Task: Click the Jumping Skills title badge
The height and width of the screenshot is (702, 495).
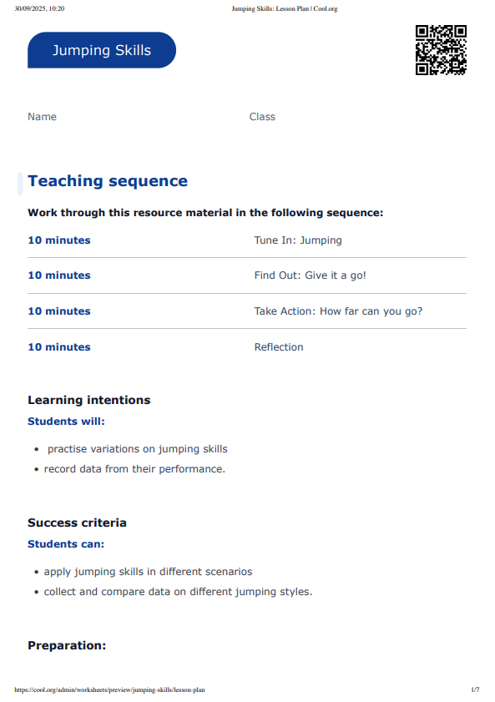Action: (102, 50)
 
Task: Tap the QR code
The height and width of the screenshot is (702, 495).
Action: (440, 50)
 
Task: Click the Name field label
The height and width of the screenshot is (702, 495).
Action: (42, 117)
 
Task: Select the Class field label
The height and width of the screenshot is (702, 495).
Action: (262, 117)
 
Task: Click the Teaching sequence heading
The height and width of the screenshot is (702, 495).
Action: (108, 181)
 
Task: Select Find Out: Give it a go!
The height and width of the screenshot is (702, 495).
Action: (310, 275)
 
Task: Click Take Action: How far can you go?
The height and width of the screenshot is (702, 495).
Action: (338, 311)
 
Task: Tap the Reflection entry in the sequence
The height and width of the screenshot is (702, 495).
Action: (279, 347)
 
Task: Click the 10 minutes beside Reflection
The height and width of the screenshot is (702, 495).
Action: (58, 347)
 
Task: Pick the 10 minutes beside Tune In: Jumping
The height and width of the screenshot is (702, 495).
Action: (58, 240)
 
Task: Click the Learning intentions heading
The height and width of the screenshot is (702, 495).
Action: (88, 400)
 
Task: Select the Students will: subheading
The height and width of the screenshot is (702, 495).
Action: (66, 422)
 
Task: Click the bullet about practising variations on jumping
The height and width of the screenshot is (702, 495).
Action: (137, 449)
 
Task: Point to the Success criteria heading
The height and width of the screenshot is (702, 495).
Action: (77, 523)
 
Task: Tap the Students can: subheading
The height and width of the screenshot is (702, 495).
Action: (66, 544)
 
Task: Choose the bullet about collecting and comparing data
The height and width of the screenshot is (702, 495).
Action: (178, 592)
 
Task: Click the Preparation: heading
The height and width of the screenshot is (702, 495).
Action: (67, 645)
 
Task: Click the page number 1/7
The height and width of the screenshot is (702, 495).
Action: (475, 690)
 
